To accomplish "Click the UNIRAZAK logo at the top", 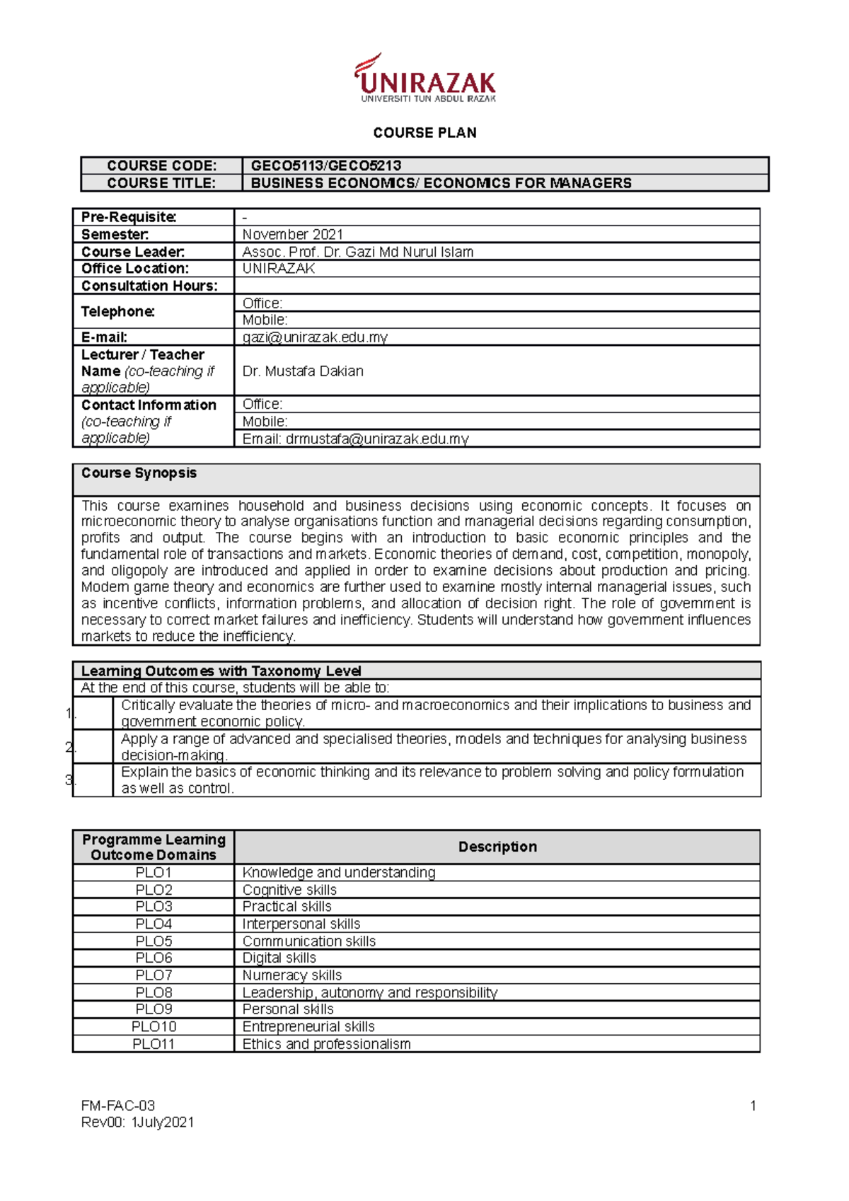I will tap(425, 79).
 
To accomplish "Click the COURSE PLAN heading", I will tap(424, 133).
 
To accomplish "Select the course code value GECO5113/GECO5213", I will tap(326, 166).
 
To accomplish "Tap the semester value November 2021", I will tap(292, 234).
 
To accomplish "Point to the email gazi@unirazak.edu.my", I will tap(315, 337).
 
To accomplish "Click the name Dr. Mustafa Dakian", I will tap(303, 371).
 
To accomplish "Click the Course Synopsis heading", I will tap(139, 473).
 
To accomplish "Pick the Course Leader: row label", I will tap(133, 252).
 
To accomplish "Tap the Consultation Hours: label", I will tap(149, 286).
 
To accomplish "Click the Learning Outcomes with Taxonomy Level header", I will tap(221, 671).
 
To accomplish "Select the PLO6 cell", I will tap(154, 958).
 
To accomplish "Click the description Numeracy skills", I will tap(291, 975).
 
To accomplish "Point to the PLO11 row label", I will tap(154, 1044).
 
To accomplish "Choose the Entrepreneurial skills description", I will tap(308, 1026).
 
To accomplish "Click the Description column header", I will tap(497, 847).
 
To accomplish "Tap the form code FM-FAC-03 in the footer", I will tap(118, 1106).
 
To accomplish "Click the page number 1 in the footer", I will tap(753, 1106).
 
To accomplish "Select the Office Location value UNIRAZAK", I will tap(278, 269).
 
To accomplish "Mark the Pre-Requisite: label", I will tap(129, 217).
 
